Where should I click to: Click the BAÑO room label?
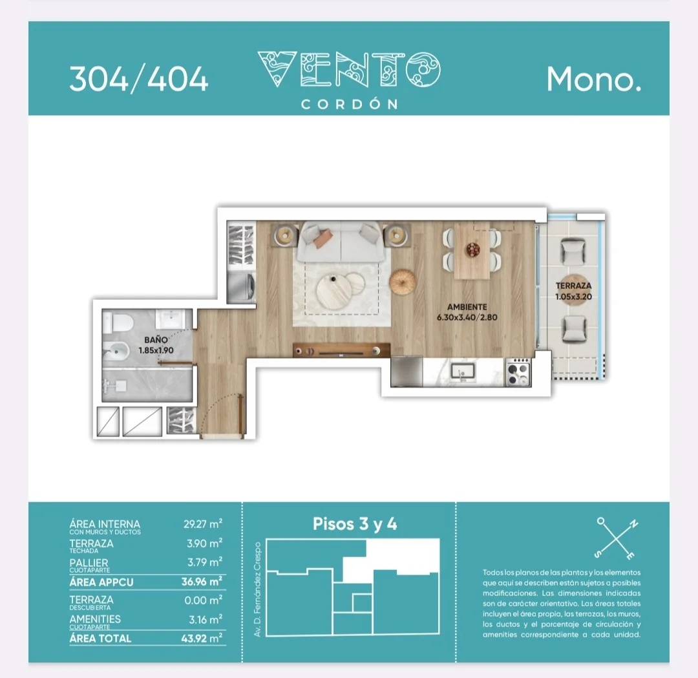click(x=156, y=340)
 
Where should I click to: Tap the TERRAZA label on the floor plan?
click(x=573, y=286)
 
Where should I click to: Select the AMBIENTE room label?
click(x=467, y=307)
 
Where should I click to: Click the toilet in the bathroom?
click(x=118, y=323)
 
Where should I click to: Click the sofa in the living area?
click(x=341, y=242)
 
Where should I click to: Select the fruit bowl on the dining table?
click(x=472, y=249)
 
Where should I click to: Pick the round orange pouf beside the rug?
click(x=403, y=281)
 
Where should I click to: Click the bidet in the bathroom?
click(x=116, y=351)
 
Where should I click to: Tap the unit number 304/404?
click(x=139, y=79)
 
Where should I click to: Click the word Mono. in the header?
click(x=594, y=79)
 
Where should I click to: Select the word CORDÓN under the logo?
click(x=350, y=104)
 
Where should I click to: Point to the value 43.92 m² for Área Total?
click(x=202, y=638)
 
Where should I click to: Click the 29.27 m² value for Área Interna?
click(x=203, y=524)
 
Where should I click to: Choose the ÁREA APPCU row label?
click(x=101, y=582)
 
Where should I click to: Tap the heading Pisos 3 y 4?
click(x=355, y=524)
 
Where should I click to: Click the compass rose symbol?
click(x=617, y=538)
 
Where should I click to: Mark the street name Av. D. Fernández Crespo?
click(x=257, y=589)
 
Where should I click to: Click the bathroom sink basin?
click(x=171, y=319)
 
